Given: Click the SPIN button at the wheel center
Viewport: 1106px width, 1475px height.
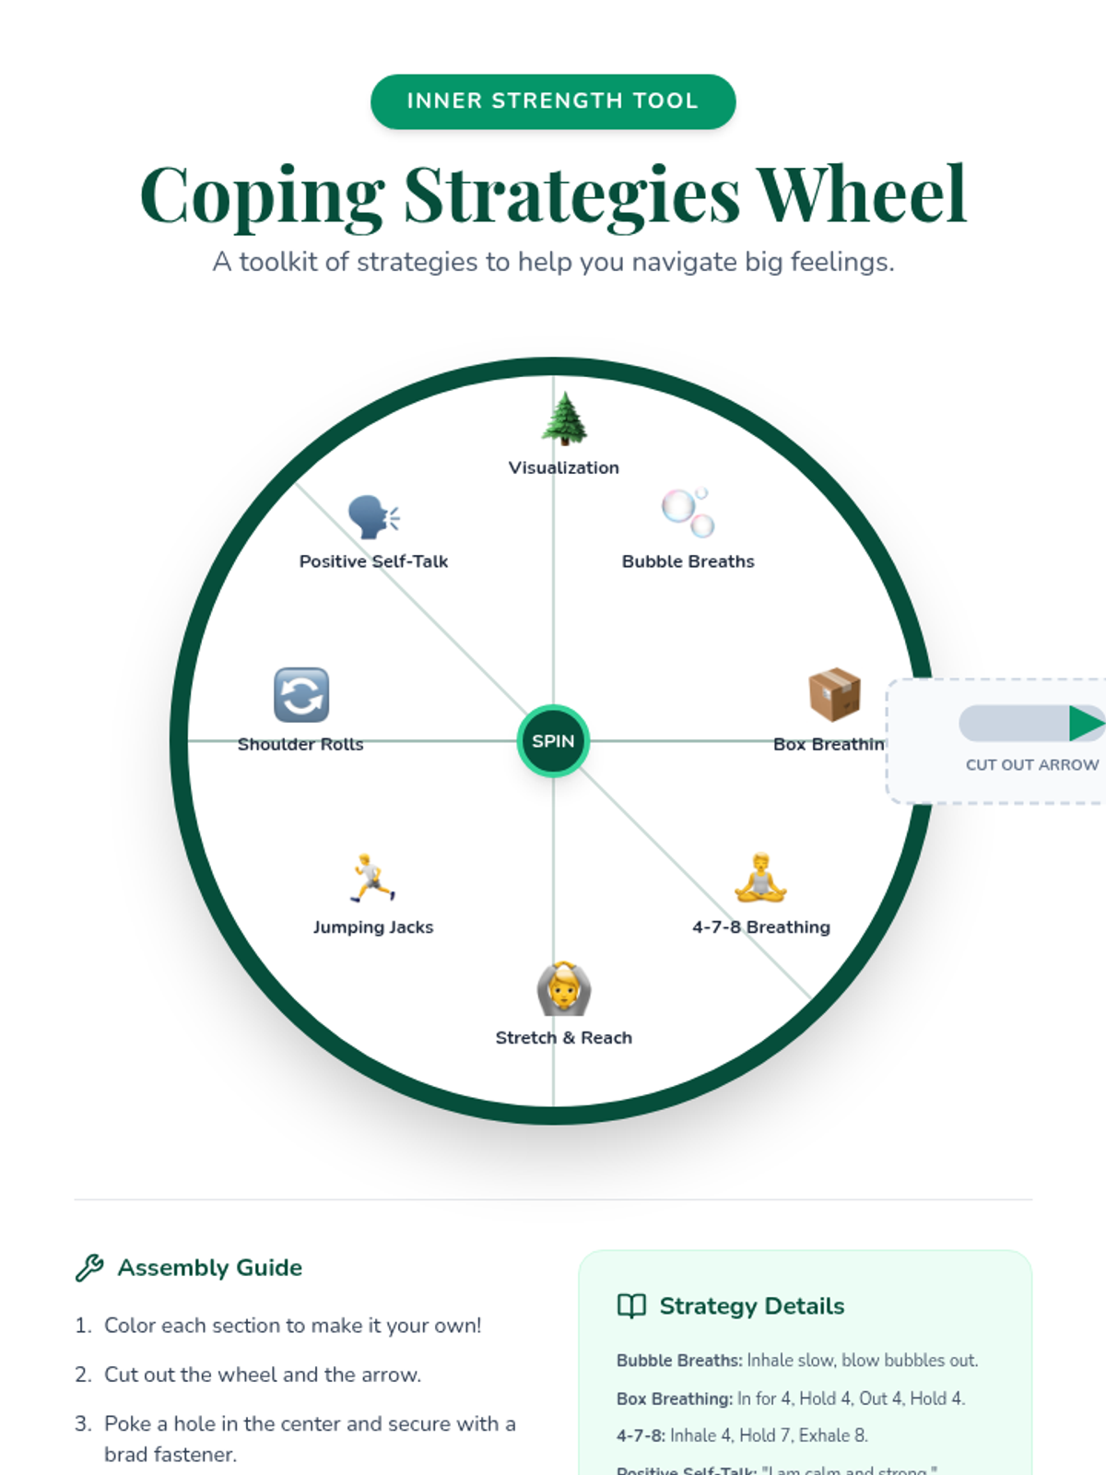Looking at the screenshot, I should pyautogui.click(x=553, y=741).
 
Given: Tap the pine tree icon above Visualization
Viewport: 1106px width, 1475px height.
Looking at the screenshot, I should pyautogui.click(x=564, y=419).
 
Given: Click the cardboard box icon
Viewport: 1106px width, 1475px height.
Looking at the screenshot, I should pyautogui.click(x=834, y=694).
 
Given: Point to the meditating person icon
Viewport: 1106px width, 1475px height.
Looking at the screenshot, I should pyautogui.click(x=760, y=879).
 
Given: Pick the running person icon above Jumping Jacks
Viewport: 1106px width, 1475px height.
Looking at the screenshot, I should pyautogui.click(x=372, y=878).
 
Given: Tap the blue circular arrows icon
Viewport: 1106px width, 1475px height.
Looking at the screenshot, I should pyautogui.click(x=301, y=695).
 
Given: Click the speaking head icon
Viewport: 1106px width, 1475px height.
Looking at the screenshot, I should pyautogui.click(x=373, y=516).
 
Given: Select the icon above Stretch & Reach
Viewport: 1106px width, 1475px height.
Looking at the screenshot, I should pyautogui.click(x=563, y=989).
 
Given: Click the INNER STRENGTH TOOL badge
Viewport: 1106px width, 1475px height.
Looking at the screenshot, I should pyautogui.click(x=553, y=101).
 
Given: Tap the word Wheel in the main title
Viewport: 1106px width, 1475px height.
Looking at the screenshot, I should pyautogui.click(x=862, y=195).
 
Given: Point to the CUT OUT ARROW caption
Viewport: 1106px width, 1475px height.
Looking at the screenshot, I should pyautogui.click(x=1031, y=765).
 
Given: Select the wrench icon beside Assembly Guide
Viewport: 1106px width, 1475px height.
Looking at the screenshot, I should pyautogui.click(x=89, y=1268).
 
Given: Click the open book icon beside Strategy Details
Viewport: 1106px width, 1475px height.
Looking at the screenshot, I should pyautogui.click(x=631, y=1306).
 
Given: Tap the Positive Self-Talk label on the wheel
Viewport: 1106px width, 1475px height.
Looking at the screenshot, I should pyautogui.click(x=373, y=561).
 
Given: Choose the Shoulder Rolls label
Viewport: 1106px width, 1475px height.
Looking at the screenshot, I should pyautogui.click(x=300, y=744).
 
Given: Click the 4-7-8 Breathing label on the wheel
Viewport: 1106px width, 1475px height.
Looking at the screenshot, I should pyautogui.click(x=761, y=927).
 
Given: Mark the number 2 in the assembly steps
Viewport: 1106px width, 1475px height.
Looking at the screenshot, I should pyautogui.click(x=82, y=1375).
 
